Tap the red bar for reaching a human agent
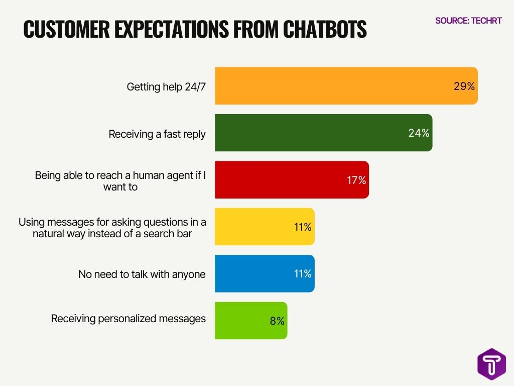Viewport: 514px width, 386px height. point(292,180)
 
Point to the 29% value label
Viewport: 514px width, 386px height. point(464,86)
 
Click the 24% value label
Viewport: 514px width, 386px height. point(419,133)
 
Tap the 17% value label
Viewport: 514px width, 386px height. point(356,180)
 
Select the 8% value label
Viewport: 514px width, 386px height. point(277,321)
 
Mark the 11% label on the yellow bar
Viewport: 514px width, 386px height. point(303,227)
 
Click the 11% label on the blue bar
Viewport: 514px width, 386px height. point(303,274)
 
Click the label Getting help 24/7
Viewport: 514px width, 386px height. point(166,86)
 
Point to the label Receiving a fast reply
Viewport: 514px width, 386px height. point(157,134)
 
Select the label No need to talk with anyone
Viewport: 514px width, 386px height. point(142,274)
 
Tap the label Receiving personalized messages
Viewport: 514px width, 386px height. point(128,318)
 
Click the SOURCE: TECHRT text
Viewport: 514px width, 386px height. point(468,21)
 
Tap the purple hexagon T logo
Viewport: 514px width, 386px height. point(491,363)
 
